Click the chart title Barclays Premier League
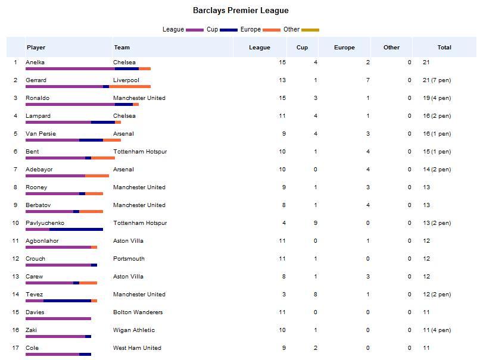click(x=241, y=10)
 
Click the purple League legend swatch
click(x=195, y=30)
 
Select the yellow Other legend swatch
click(x=310, y=30)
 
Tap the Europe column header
click(x=344, y=48)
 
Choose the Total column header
click(x=444, y=48)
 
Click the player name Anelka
click(x=35, y=62)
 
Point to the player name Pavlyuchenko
click(x=45, y=223)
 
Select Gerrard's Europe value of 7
click(x=368, y=80)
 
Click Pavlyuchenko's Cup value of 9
click(x=316, y=223)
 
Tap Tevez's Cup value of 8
click(x=316, y=295)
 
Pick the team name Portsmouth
click(x=129, y=259)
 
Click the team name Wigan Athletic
click(x=134, y=330)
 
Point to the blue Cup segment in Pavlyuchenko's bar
click(x=76, y=229)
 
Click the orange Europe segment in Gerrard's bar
click(x=130, y=86)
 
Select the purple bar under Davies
click(x=58, y=318)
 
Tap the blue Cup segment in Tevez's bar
click(x=67, y=300)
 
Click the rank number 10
click(x=15, y=223)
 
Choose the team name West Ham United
click(x=137, y=348)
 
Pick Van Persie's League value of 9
click(x=284, y=134)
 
